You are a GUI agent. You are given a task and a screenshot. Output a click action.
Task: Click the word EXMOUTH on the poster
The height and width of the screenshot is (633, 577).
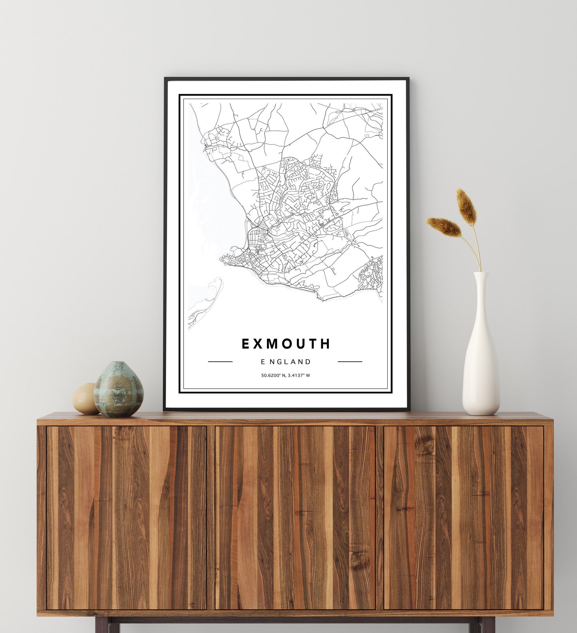point(286,344)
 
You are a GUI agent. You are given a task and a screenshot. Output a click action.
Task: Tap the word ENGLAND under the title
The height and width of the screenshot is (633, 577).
point(286,362)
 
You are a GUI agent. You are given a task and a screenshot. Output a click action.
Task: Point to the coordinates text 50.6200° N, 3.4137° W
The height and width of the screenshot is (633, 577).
point(286,375)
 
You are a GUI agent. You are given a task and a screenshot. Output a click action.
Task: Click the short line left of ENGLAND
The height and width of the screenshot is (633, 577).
point(220,362)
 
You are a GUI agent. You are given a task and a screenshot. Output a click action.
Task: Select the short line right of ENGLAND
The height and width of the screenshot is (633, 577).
point(350,362)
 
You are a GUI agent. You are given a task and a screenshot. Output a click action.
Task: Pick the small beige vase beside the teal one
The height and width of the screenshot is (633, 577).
point(85,399)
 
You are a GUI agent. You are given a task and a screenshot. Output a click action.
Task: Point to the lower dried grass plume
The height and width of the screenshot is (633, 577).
point(444,226)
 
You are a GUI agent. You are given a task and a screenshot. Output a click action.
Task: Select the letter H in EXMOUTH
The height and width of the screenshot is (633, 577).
point(326,344)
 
